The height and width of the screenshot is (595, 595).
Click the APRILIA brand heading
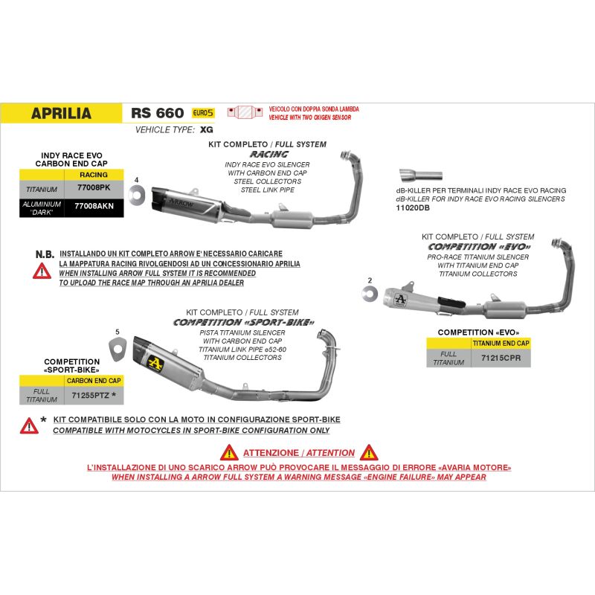point(61,113)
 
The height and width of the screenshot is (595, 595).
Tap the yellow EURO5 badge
point(203,113)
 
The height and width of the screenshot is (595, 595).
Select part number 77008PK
point(94,187)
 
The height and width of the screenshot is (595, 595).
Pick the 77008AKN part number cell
point(94,206)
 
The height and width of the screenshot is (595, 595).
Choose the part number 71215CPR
point(501,358)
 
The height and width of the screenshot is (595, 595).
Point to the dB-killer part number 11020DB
point(413,208)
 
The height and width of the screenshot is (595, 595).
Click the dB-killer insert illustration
point(420,176)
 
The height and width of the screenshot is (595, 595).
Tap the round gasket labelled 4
point(137,196)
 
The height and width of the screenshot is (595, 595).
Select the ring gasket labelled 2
point(370,293)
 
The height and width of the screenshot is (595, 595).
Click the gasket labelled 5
point(117,350)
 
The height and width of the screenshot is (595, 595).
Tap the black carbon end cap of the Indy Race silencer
point(158,199)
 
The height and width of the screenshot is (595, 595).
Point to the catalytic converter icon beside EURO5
point(245,112)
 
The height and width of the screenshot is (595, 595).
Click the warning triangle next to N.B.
point(42,271)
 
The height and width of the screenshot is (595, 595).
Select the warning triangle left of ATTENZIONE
point(229,452)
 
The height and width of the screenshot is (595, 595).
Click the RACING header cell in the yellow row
point(94,175)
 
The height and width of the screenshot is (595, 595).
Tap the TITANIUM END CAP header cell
point(501,344)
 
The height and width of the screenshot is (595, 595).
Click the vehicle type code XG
point(207,129)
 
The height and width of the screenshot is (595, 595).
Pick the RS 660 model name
point(158,113)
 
